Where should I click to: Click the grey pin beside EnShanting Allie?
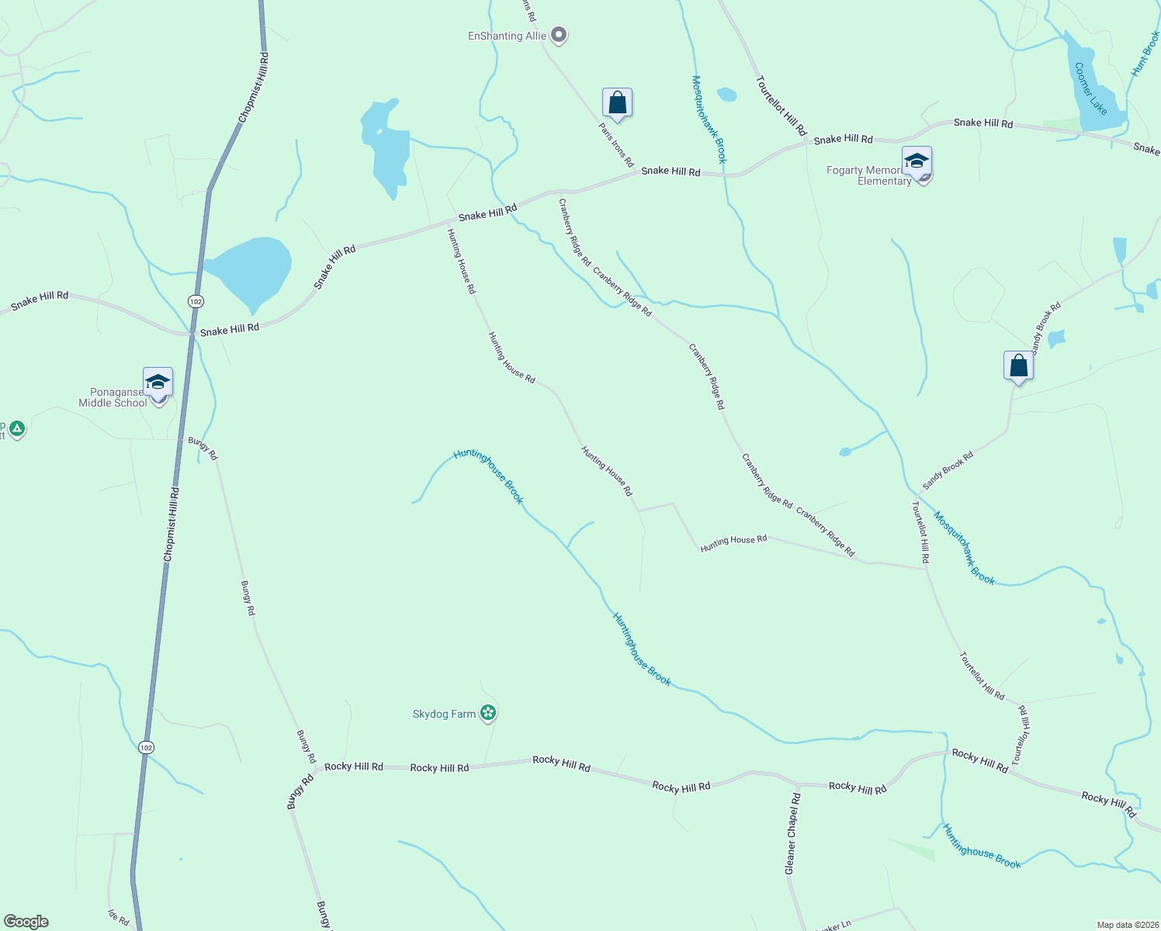[x=559, y=35]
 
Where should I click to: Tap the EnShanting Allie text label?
[x=507, y=36]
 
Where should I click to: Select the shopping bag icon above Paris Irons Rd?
[x=617, y=102]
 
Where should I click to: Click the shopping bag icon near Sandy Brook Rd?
[x=1018, y=365]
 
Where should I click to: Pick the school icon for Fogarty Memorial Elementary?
[x=917, y=163]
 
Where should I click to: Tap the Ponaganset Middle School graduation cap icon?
[x=158, y=382]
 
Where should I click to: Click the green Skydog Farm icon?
[x=488, y=713]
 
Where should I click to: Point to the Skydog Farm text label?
[x=444, y=714]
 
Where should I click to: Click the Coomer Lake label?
[x=1090, y=88]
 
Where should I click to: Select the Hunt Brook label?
[x=1145, y=53]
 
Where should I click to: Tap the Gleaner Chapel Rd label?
[x=792, y=834]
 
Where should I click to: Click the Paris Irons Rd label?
[x=616, y=144]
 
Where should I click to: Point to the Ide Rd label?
[x=119, y=917]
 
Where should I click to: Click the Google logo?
[x=26, y=922]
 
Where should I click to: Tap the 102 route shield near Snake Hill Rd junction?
[x=196, y=301]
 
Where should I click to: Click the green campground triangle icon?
[x=17, y=428]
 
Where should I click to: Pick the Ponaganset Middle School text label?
[x=113, y=397]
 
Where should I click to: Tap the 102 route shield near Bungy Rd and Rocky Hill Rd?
[x=146, y=747]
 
